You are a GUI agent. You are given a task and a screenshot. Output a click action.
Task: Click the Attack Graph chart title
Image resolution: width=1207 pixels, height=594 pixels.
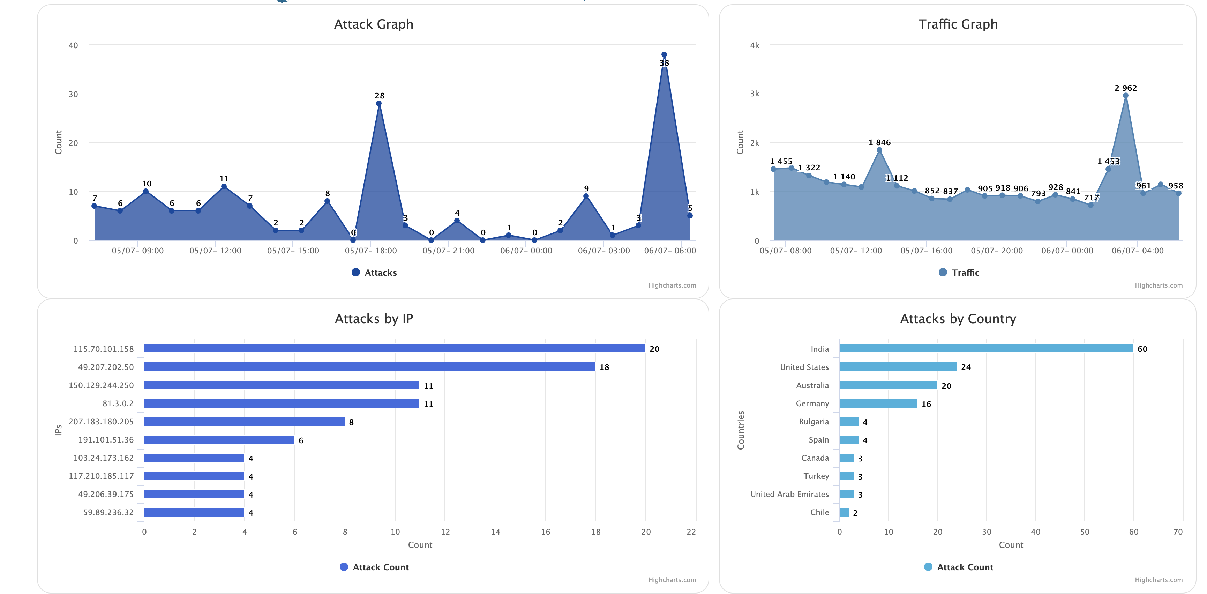(374, 24)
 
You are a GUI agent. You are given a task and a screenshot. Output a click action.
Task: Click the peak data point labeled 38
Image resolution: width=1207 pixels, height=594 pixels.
(664, 55)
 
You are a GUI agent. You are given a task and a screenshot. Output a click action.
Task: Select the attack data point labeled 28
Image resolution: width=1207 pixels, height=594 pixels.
(378, 104)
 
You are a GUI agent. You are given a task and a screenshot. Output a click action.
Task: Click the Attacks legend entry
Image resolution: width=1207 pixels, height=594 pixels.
(374, 272)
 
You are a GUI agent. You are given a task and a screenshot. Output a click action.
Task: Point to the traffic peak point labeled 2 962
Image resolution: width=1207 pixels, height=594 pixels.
(1125, 96)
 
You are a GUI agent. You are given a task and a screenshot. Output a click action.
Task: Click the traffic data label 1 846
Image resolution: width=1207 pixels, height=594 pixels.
(879, 142)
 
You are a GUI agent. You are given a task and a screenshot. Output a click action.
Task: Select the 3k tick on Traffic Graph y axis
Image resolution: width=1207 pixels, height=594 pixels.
(754, 94)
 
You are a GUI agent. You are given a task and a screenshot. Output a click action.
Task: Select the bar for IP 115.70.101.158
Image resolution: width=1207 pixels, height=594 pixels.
(394, 348)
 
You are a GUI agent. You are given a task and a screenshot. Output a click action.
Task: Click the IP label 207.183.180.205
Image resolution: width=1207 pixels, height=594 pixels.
(101, 422)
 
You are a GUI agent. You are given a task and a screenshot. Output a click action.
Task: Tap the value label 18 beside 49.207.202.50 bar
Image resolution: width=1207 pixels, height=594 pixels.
(604, 367)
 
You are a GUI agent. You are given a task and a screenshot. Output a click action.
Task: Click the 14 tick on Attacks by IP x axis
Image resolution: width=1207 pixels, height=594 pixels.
(495, 532)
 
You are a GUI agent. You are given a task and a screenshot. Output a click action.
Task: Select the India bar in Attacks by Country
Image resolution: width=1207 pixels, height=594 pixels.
(986, 348)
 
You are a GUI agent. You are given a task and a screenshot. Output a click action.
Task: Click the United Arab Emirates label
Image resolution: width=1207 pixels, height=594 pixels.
(789, 494)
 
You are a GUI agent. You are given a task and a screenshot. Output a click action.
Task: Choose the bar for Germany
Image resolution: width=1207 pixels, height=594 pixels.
(878, 403)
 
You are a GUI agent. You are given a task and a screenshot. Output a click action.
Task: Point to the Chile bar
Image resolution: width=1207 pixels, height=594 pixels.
(844, 512)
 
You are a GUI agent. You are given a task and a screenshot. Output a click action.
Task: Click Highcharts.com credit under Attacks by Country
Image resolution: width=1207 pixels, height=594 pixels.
(1158, 580)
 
